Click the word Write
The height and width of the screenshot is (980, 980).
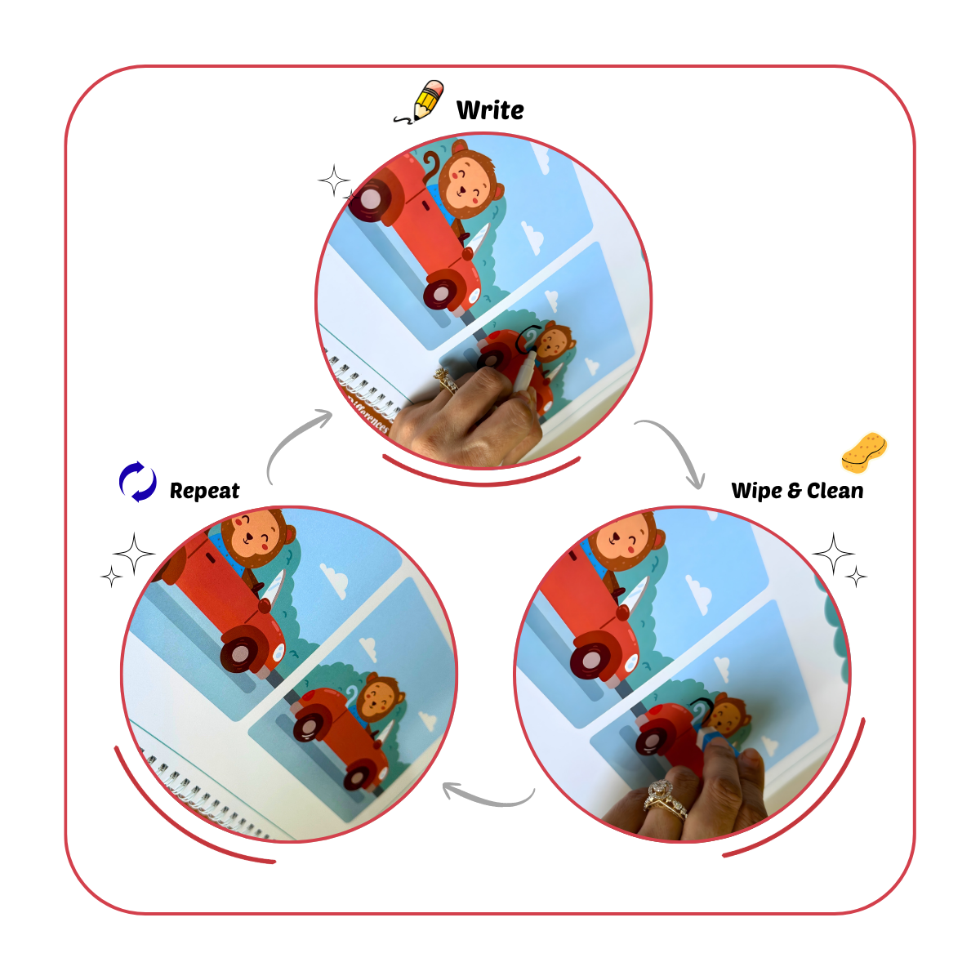(490, 109)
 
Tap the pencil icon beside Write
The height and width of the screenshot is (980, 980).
(423, 101)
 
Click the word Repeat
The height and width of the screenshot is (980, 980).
(204, 490)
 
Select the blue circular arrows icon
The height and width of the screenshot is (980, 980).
(137, 482)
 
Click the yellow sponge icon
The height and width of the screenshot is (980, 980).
(864, 452)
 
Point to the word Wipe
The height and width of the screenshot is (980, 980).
(756, 490)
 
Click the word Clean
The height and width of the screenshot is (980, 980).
(835, 490)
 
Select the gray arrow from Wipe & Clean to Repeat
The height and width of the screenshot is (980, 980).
(487, 795)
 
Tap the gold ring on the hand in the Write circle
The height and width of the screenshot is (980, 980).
(445, 380)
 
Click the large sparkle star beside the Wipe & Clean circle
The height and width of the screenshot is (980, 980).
(833, 555)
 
